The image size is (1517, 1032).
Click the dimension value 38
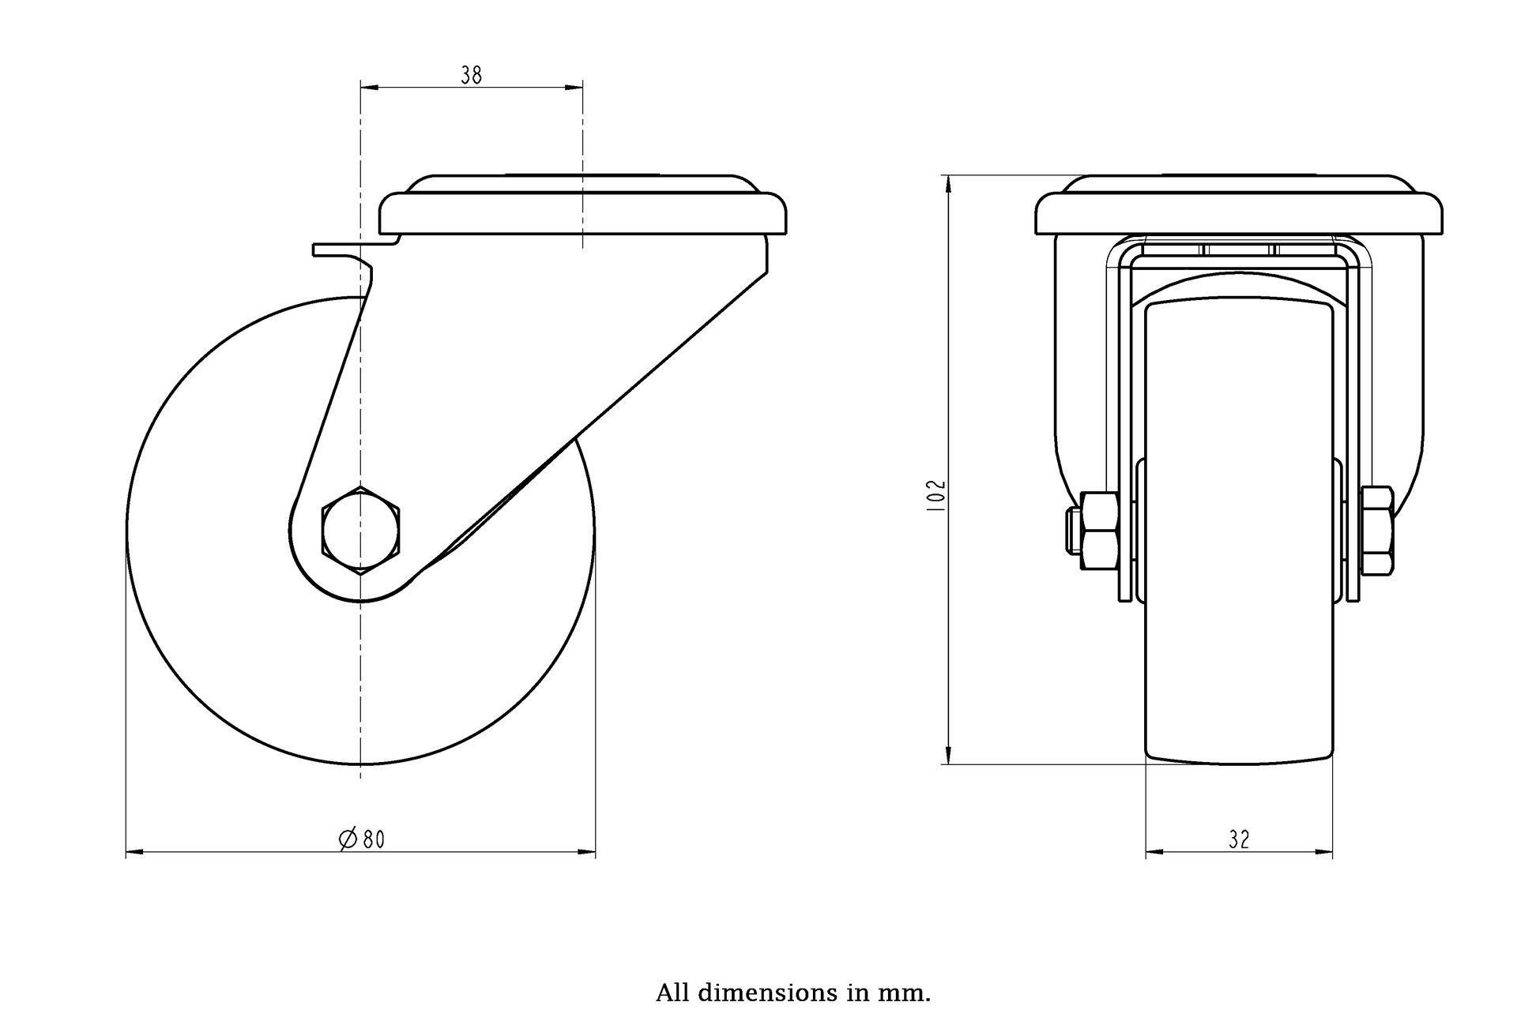[472, 75]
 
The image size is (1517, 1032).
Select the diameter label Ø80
[361, 839]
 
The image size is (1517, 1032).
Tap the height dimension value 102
[936, 495]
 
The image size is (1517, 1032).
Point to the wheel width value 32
[1239, 840]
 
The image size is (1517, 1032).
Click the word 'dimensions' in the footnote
[764, 993]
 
